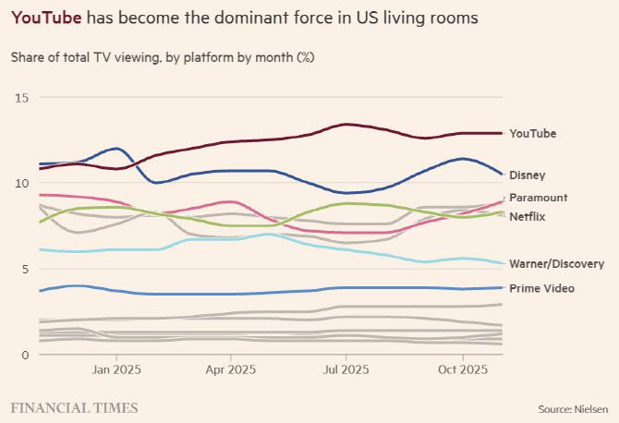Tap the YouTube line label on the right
point(533,133)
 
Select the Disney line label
point(528,175)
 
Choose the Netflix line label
point(528,215)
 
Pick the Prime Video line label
point(541,288)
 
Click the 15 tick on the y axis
point(23,98)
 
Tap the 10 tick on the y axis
point(23,183)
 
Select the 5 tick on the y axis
point(26,269)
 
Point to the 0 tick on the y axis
point(26,354)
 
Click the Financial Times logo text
point(74,407)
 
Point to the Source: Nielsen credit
point(573,408)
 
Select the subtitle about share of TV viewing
point(162,57)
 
